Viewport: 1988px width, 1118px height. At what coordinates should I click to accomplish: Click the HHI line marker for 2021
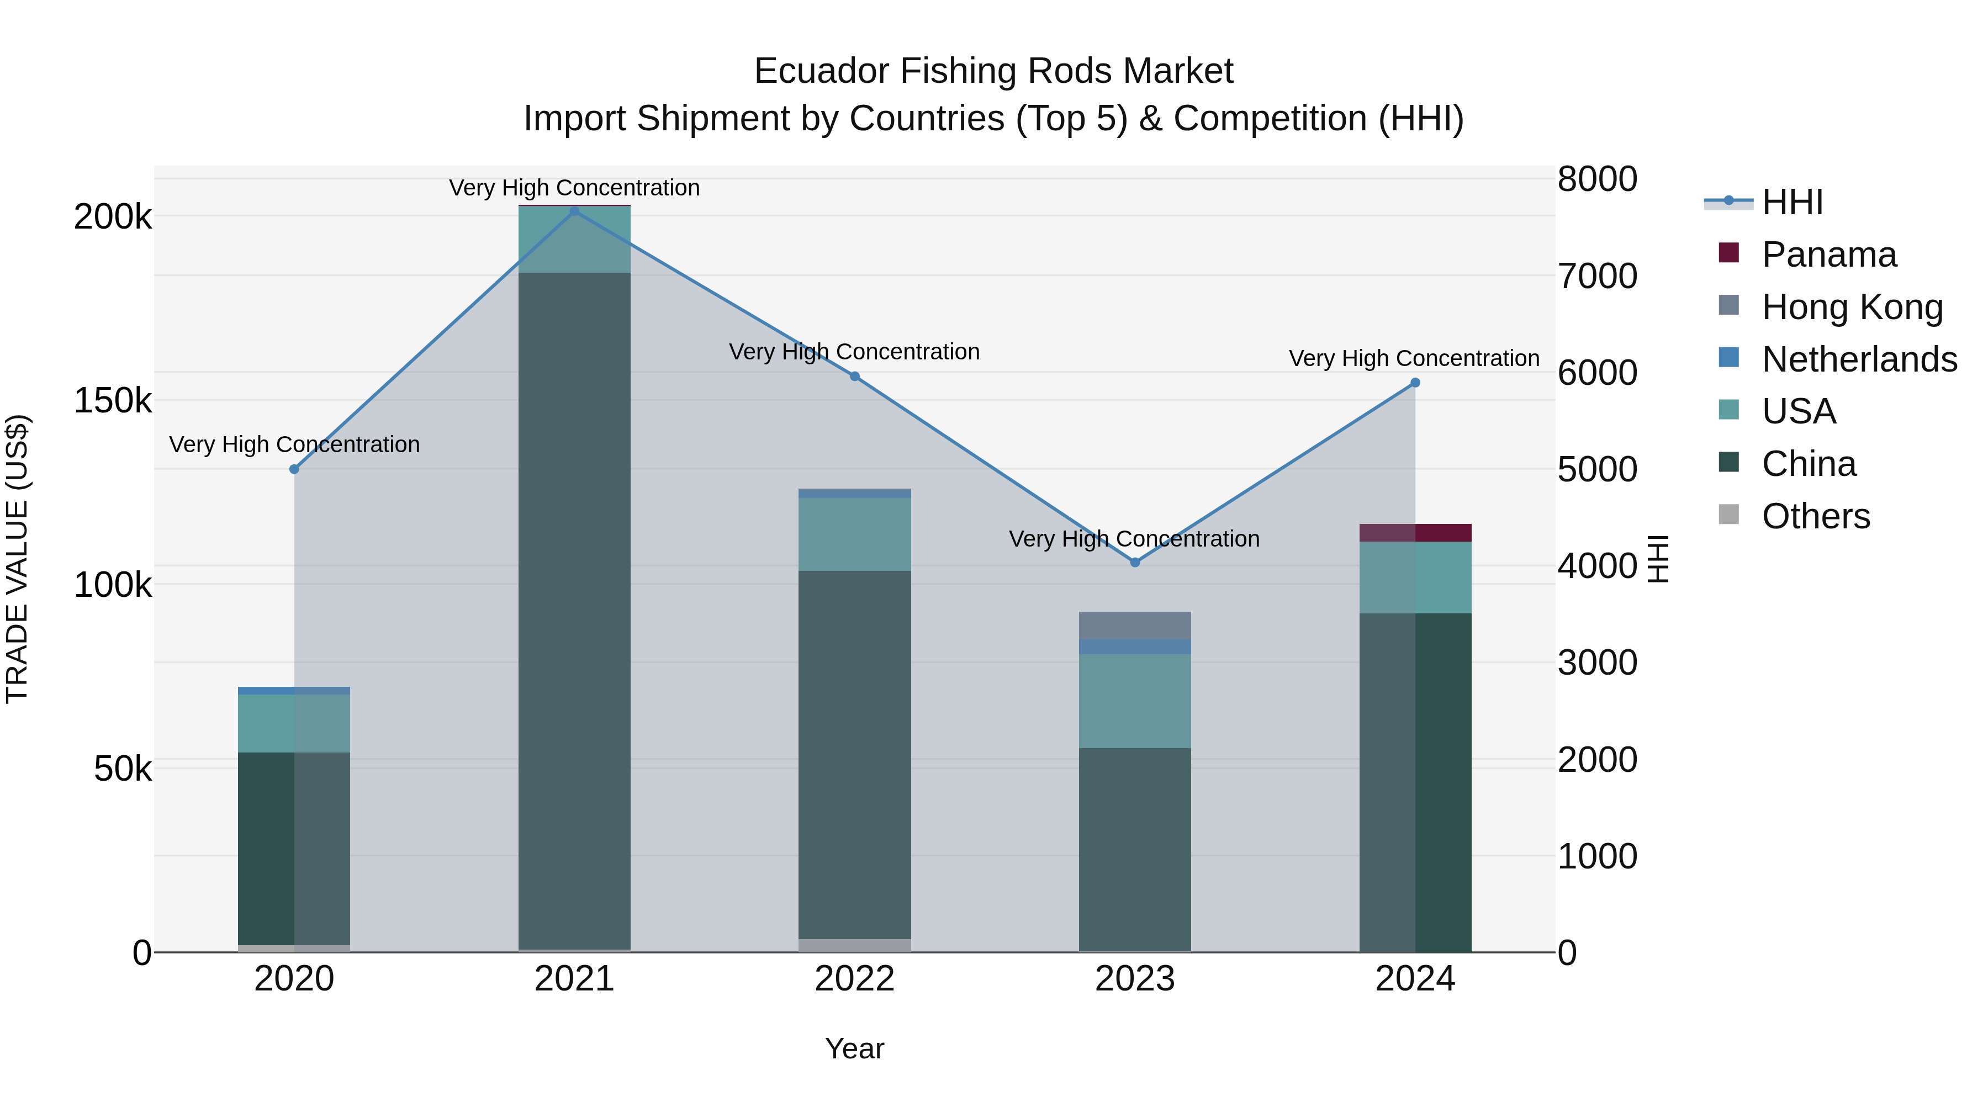tap(574, 211)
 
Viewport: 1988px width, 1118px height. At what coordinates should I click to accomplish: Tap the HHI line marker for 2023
tap(1134, 563)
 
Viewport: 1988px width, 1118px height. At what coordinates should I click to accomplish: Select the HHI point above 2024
tap(1415, 383)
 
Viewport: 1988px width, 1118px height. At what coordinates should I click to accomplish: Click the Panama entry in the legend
tap(1828, 255)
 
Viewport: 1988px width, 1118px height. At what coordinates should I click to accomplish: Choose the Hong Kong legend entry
tap(1852, 307)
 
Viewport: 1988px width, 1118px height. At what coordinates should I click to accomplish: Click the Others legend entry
tap(1815, 516)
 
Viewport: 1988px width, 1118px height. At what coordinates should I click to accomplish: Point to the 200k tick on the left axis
tap(113, 217)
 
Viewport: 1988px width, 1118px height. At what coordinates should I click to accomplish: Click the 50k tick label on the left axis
tap(123, 769)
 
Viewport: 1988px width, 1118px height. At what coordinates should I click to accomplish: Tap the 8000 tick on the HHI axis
tap(1596, 179)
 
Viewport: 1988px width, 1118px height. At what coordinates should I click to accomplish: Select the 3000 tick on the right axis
tap(1596, 663)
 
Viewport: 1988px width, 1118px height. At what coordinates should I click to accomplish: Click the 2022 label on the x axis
tap(854, 979)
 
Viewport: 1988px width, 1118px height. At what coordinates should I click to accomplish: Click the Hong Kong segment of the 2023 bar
tap(1134, 626)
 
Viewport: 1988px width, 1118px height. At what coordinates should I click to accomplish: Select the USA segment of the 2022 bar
tap(854, 534)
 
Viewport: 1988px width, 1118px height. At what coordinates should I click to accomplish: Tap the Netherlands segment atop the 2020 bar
tap(294, 691)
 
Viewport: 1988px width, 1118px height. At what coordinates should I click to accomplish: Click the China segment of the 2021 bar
tap(574, 610)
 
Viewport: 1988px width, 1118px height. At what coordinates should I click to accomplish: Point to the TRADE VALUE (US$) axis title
tap(18, 559)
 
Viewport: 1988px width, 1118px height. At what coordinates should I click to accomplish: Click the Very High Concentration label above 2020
tap(294, 444)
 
